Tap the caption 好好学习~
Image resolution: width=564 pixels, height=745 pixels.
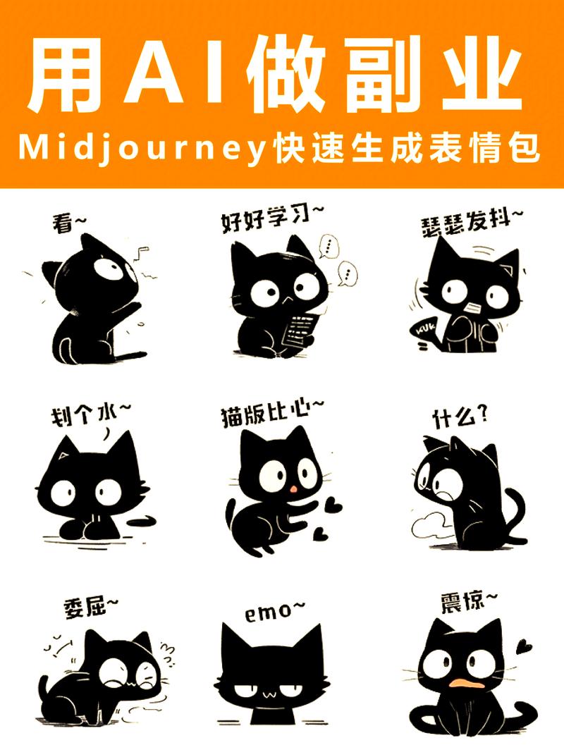[272, 218]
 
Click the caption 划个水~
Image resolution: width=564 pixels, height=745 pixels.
[91, 414]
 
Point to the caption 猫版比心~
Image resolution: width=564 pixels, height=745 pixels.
[272, 414]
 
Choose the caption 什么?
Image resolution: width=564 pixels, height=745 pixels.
[460, 418]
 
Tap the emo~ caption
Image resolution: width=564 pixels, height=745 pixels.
[275, 612]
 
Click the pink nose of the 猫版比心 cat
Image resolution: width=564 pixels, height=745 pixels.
[294, 489]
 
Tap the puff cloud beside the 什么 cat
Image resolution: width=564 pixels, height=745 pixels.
[430, 524]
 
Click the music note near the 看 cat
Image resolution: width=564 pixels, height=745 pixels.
[142, 252]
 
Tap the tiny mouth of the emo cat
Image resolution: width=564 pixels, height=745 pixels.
[270, 695]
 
